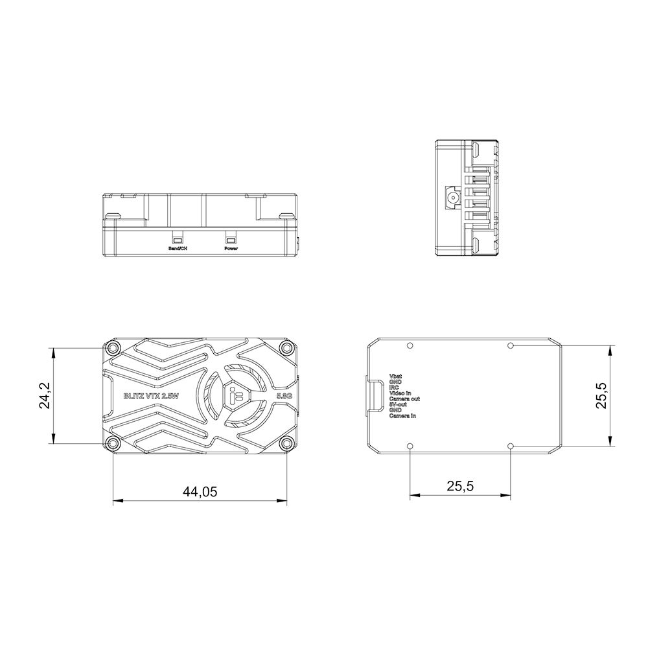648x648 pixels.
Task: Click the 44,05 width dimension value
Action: [200, 492]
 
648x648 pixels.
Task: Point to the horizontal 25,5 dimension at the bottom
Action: [460, 485]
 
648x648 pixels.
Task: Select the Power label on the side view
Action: [231, 249]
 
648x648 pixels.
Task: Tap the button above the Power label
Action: [231, 237]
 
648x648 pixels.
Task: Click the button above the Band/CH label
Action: [177, 237]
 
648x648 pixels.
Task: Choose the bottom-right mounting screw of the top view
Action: [286, 443]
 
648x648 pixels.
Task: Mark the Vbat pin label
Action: [395, 376]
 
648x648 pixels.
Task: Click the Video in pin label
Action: [400, 393]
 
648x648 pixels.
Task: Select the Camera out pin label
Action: [404, 399]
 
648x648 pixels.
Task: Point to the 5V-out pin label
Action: [398, 404]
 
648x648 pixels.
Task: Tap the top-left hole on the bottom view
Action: [410, 345]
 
